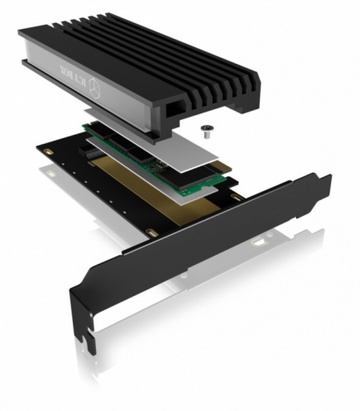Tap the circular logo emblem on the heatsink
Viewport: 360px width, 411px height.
[97, 88]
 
